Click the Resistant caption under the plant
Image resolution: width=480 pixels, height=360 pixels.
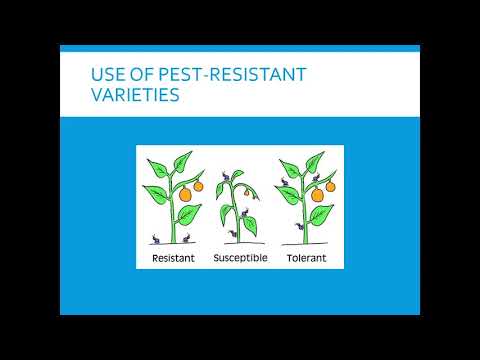173,258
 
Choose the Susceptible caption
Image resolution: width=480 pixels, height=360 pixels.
239,258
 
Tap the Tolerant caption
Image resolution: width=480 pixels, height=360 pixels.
306,258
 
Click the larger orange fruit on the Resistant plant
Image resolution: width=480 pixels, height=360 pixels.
184,195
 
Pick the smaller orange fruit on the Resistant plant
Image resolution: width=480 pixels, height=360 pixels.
198,186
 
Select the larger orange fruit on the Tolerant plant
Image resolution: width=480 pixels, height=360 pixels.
318,195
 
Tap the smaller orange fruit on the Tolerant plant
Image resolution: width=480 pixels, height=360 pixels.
331,186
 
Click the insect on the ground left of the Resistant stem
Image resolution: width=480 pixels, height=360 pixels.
156,238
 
